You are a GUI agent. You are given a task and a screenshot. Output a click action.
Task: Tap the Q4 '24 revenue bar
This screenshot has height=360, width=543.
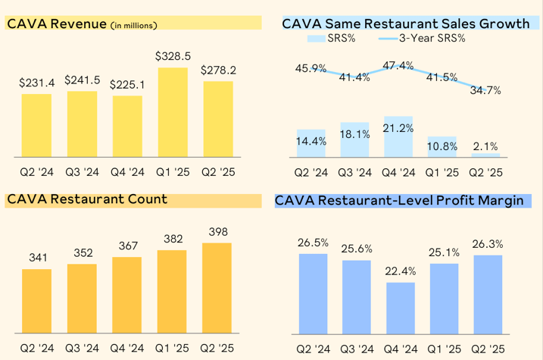click(127, 126)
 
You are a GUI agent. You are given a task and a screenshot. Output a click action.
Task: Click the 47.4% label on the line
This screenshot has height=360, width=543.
click(398, 66)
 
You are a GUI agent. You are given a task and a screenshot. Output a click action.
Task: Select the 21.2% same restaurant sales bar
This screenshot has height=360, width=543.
click(398, 136)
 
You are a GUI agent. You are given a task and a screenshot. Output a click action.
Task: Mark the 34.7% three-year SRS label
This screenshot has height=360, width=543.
click(486, 90)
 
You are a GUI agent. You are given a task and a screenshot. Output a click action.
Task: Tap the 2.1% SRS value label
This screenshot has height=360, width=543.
click(485, 146)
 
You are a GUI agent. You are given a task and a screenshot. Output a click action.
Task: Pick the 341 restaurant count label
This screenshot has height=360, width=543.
click(36, 258)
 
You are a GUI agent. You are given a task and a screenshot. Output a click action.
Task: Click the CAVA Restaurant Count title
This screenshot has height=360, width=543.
click(87, 200)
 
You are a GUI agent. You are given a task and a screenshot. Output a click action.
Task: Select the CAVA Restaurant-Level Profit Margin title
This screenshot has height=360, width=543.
click(399, 202)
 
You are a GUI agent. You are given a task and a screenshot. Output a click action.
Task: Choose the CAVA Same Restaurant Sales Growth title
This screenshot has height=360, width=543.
click(405, 23)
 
